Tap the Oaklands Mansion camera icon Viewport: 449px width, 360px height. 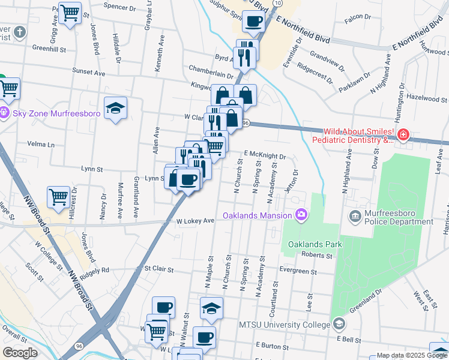301,215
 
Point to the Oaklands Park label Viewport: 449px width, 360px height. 315,244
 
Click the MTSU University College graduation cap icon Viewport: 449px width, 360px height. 339,325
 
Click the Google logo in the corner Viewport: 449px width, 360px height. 20,353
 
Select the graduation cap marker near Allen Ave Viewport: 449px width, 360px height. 115,108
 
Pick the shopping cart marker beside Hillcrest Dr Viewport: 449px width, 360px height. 58,196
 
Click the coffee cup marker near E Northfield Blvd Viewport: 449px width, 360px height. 253,22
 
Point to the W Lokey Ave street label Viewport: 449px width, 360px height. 195,221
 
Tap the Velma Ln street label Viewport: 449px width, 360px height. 41,145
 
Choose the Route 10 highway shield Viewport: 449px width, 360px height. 276,3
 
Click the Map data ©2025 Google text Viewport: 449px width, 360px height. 412,355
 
